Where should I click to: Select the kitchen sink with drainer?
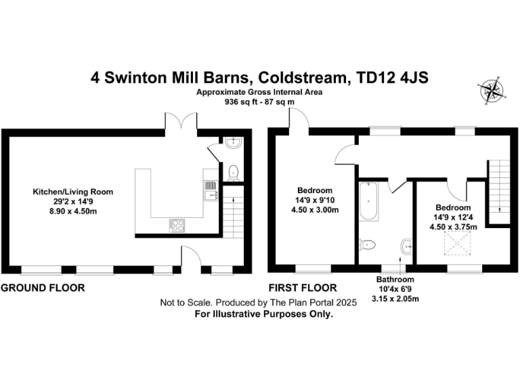pyautogui.click(x=211, y=190)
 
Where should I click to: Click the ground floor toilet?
pyautogui.click(x=233, y=171)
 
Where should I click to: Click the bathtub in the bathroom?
pyautogui.click(x=368, y=202)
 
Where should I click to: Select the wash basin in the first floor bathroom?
pyautogui.click(x=406, y=245)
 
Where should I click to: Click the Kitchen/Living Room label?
pyautogui.click(x=73, y=192)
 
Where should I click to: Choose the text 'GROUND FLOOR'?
pyautogui.click(x=43, y=288)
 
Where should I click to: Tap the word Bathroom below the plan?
pyautogui.click(x=395, y=279)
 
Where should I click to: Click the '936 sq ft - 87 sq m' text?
pyautogui.click(x=259, y=103)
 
